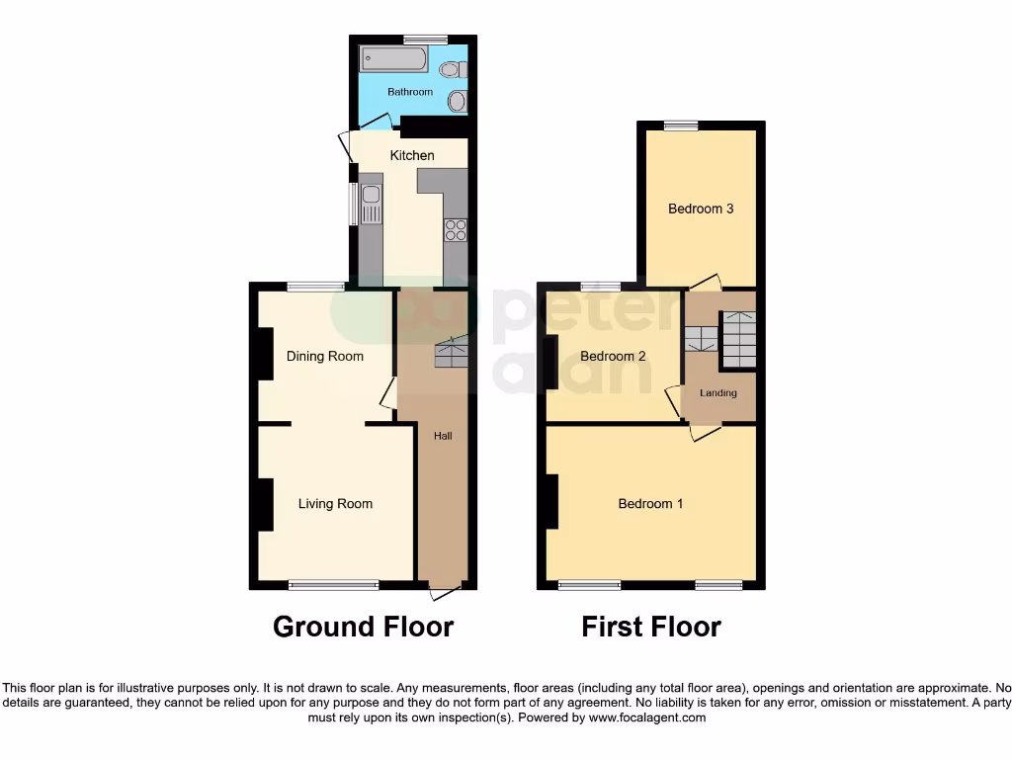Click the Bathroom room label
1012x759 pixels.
[x=409, y=92]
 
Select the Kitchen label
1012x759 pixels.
[x=412, y=155]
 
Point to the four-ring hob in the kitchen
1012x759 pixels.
[x=456, y=230]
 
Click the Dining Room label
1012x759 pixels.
[x=325, y=356]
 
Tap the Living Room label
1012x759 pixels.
[x=335, y=503]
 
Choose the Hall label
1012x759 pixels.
[x=443, y=436]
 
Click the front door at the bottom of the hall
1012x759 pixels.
[x=445, y=591]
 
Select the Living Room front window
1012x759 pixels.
[x=334, y=585]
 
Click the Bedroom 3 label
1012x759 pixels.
[x=701, y=209]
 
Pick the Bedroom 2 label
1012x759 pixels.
[x=613, y=356]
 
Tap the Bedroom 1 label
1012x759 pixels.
[x=650, y=503]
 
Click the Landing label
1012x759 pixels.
[x=718, y=393]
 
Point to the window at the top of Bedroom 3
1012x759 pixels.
[x=680, y=126]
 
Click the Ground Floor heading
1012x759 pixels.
[x=363, y=627]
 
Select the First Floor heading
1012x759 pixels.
[x=651, y=627]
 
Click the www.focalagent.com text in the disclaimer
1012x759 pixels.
[x=647, y=717]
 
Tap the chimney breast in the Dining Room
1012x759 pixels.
[x=265, y=353]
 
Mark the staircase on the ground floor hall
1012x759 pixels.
[x=451, y=352]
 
